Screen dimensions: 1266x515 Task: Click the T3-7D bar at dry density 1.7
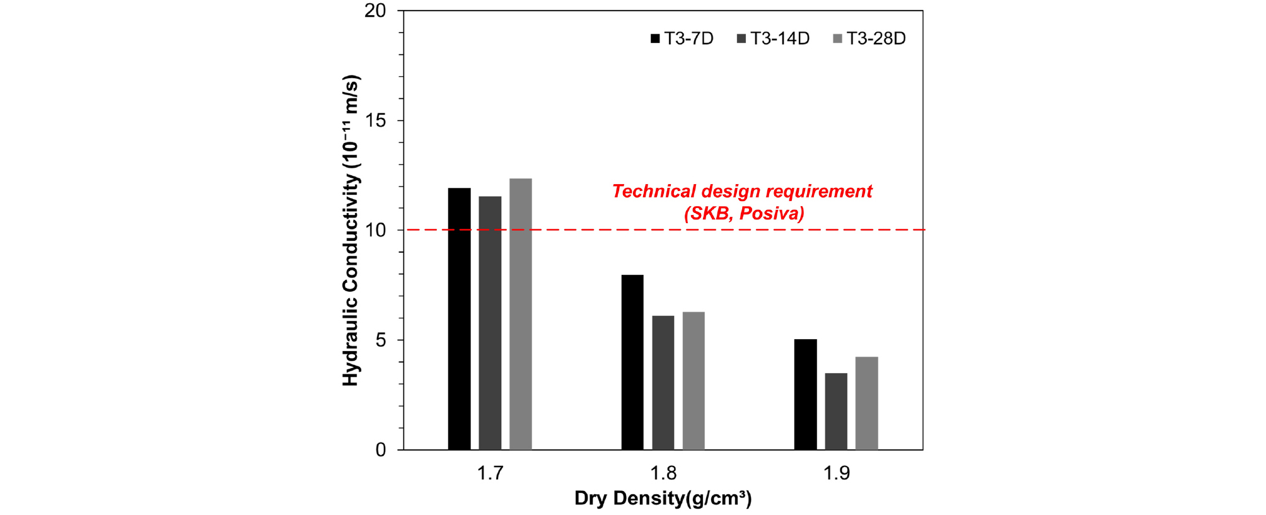(459, 319)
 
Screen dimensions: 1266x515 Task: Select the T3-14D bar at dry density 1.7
(490, 323)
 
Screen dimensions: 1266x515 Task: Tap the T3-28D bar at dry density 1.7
(521, 314)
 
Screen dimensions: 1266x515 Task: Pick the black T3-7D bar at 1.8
(632, 362)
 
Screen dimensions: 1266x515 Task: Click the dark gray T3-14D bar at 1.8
(663, 383)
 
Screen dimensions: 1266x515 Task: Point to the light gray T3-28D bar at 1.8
(694, 381)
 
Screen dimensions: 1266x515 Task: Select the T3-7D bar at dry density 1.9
(806, 395)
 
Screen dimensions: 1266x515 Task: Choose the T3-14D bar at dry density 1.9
(836, 412)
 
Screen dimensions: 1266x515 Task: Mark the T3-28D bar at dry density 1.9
(867, 403)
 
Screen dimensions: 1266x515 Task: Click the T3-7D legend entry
(682, 39)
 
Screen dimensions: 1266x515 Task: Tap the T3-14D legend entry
(773, 39)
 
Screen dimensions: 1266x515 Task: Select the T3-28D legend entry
(869, 39)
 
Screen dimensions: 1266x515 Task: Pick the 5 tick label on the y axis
(381, 340)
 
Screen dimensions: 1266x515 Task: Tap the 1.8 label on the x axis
(663, 473)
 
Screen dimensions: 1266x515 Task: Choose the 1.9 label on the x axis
(837, 473)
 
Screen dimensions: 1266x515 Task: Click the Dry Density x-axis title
(663, 499)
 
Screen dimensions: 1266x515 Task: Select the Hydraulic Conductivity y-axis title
(351, 231)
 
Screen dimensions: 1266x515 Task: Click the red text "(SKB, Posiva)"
(744, 213)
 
